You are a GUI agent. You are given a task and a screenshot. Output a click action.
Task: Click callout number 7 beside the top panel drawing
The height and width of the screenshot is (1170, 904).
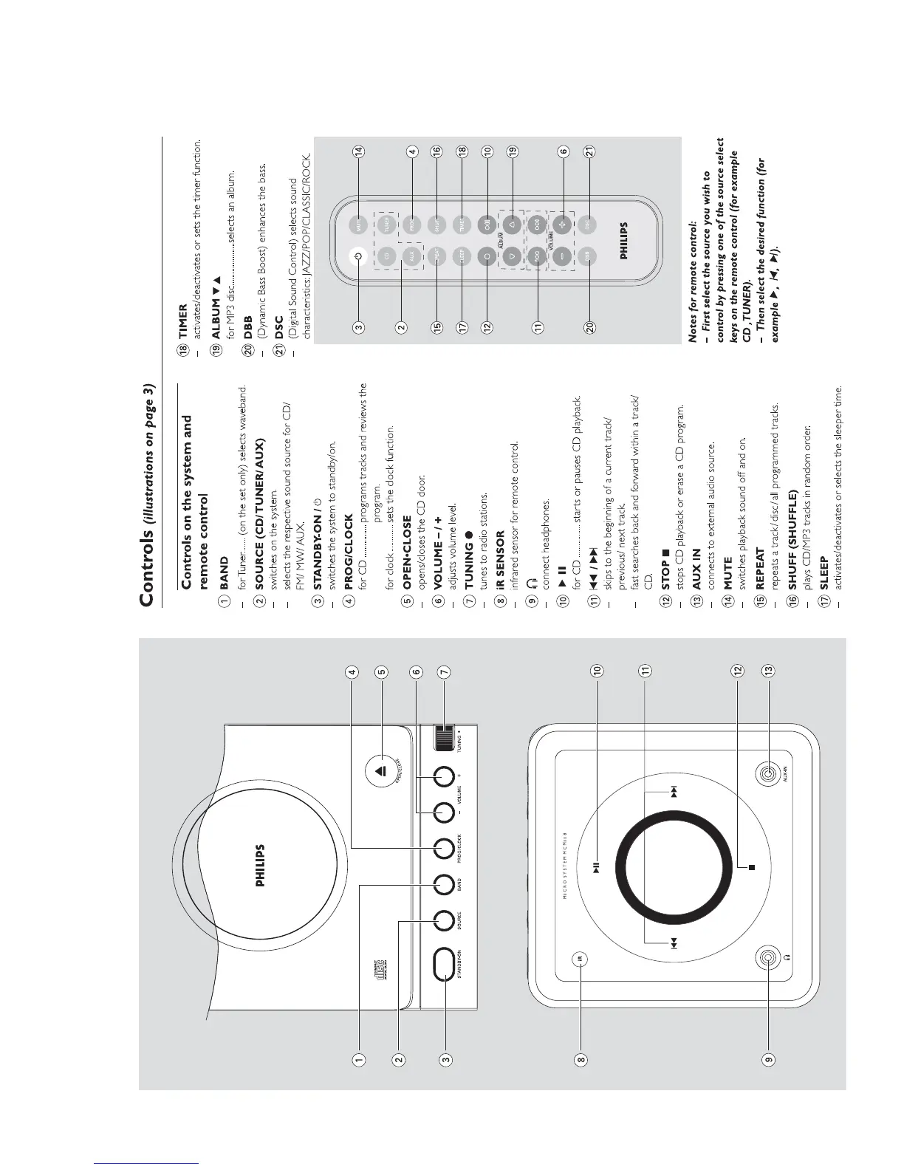tap(443, 672)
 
